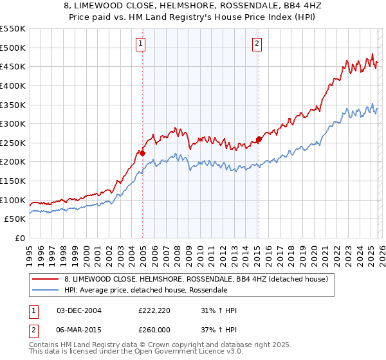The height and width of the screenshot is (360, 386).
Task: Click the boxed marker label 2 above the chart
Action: pos(257,44)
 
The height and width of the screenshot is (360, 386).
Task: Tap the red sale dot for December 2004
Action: pos(142,153)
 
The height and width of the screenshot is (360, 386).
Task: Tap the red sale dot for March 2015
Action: pos(259,139)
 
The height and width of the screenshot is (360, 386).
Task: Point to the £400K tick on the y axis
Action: pos(14,85)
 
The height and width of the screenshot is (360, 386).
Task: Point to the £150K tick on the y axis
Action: pos(14,181)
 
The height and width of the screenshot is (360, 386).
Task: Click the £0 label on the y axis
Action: pos(20,238)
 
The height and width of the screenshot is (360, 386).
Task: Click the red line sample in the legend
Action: pos(46,279)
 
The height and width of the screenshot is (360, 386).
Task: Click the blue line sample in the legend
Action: pos(46,290)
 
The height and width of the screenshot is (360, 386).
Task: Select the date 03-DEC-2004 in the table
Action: pos(78,310)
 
